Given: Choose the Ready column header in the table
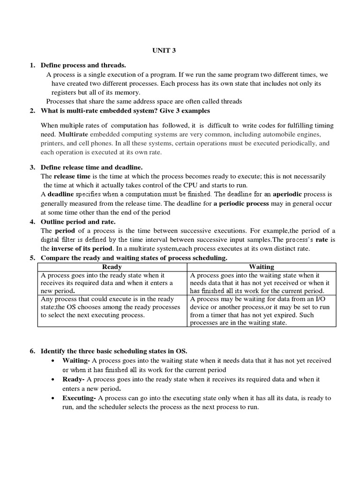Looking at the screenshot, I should pos(112,267).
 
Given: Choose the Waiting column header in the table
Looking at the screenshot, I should pos(262,267).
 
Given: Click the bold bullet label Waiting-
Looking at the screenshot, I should pos(76,360).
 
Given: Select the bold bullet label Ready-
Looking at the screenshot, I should pos(74,379).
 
